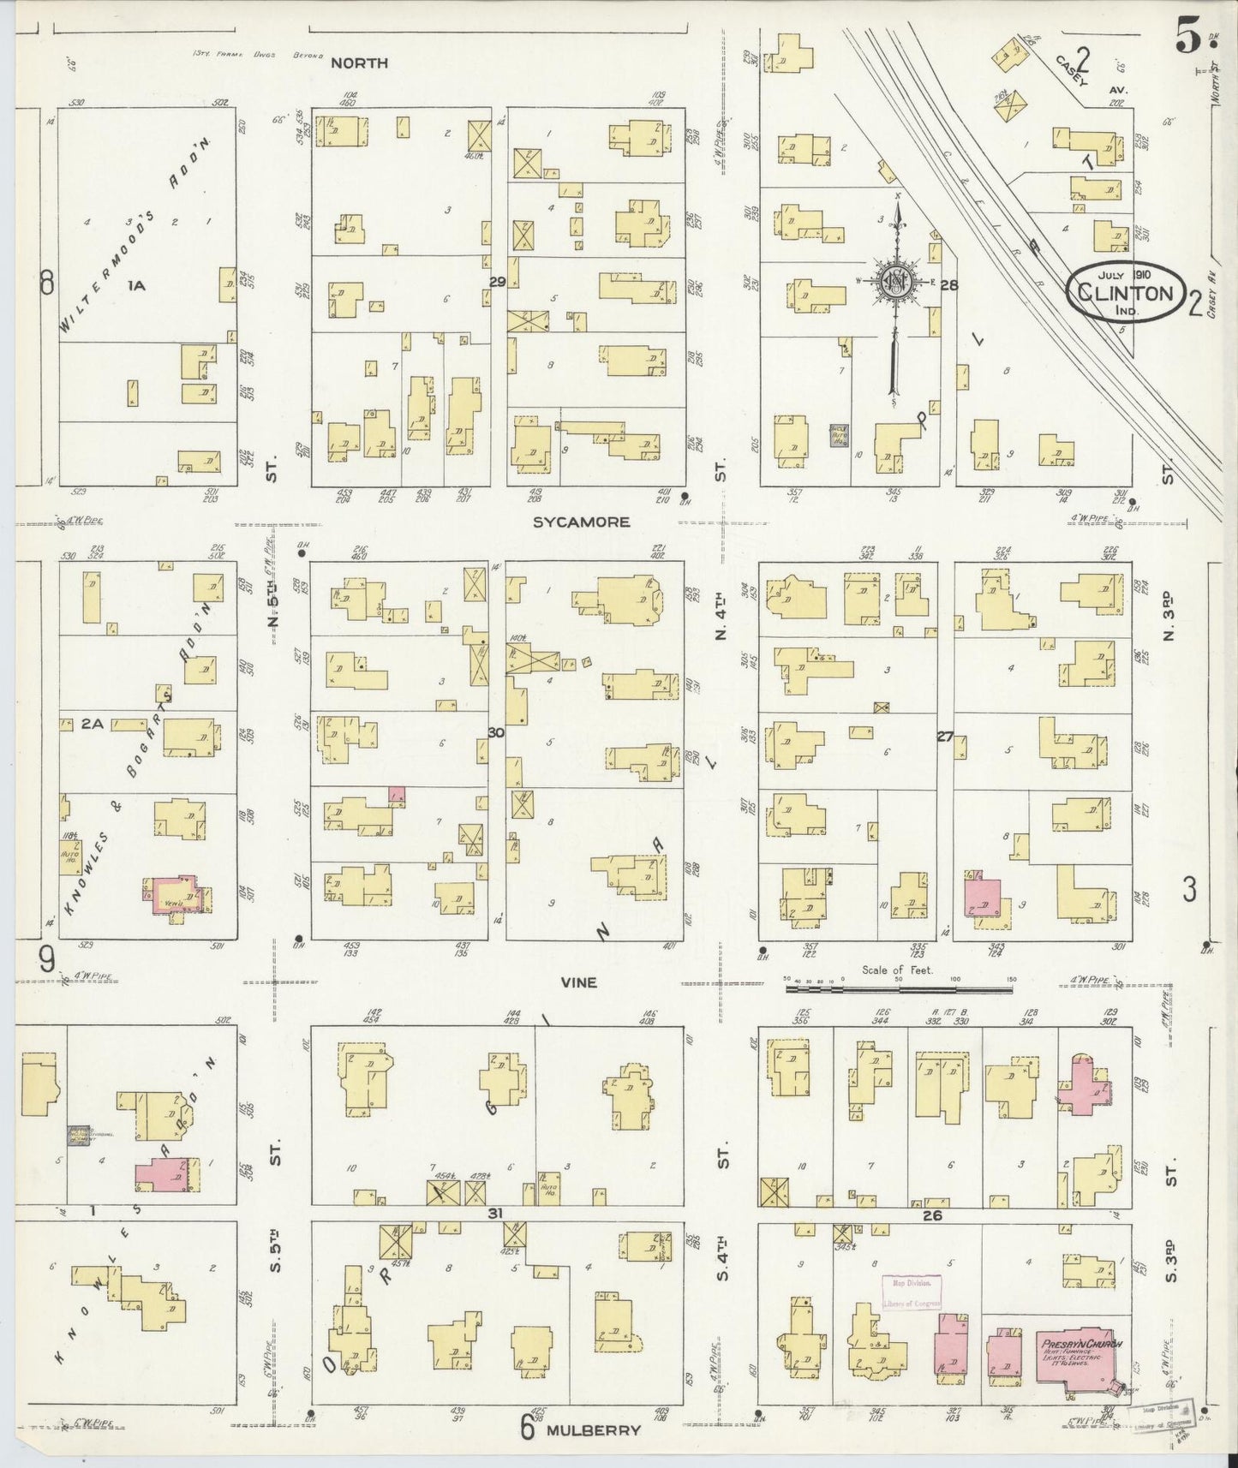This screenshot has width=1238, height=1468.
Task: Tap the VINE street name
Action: (578, 983)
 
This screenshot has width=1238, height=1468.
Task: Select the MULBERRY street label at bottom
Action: (595, 1429)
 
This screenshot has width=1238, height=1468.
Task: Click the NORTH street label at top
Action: (359, 63)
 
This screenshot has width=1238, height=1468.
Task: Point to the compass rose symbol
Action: (896, 282)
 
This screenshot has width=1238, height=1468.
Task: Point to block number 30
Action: (496, 732)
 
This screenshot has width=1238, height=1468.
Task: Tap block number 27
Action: (944, 736)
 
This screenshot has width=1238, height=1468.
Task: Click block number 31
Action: (494, 1213)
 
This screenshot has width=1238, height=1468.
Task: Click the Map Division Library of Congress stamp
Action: (912, 1292)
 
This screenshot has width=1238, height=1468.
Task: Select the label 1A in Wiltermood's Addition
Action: (136, 286)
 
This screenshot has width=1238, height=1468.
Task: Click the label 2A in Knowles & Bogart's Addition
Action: (92, 725)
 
